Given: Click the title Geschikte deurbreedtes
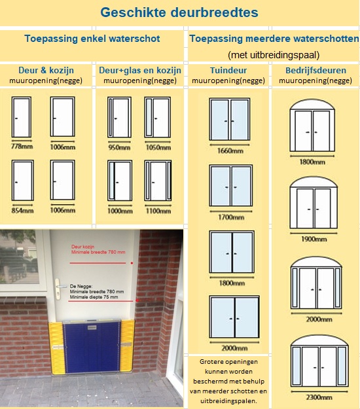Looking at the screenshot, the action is point(179,12).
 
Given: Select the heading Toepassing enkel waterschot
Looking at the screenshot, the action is point(92,39).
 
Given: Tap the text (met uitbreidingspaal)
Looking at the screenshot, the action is point(274,55).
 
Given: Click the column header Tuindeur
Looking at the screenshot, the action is point(228,70).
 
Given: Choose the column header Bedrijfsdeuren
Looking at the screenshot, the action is point(315,70).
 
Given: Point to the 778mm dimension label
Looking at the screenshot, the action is point(22,147).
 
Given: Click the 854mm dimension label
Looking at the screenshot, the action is point(22,210).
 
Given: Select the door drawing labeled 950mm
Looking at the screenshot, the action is point(120,117).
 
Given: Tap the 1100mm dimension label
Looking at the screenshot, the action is point(158,211).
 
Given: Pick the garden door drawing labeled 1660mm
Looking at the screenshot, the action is point(230,120).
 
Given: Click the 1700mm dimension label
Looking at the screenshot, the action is point(231,217).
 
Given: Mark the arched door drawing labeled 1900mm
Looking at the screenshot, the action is point(314,203).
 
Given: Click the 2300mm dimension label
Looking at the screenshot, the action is point(319,397).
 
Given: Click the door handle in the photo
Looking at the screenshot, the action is point(58,288).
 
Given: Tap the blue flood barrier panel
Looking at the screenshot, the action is point(91,347).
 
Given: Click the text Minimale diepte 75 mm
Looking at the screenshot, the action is point(94,297).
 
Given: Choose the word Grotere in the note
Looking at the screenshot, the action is point(211,362).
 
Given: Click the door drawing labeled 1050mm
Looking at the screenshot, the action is point(158,117).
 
